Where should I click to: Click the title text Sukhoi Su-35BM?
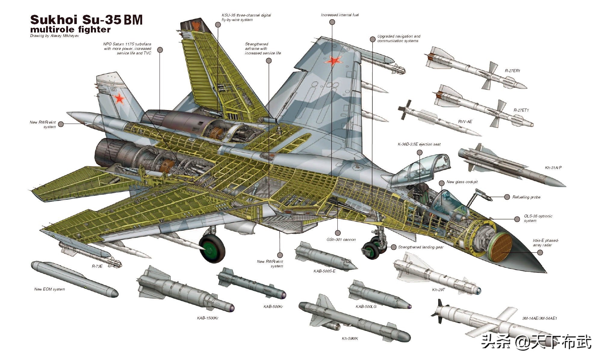click(x=86, y=20)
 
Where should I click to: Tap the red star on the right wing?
click(x=334, y=61)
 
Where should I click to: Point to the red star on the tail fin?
click(x=119, y=98)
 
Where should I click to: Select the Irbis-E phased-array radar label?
click(x=545, y=243)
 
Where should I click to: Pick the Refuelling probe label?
click(x=526, y=197)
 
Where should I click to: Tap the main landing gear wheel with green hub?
click(x=212, y=248)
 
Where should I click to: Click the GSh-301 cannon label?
click(x=341, y=240)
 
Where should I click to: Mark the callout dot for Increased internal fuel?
click(x=332, y=22)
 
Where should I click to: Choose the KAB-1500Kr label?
click(x=207, y=318)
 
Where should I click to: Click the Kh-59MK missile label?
click(x=350, y=339)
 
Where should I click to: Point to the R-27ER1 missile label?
click(x=512, y=71)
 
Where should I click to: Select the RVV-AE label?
click(x=465, y=122)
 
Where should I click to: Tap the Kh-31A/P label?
click(x=553, y=168)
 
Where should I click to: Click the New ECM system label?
click(x=49, y=289)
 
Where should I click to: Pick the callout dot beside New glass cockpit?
click(x=442, y=183)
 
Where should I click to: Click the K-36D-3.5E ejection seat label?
click(x=419, y=144)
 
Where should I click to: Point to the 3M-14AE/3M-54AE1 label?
click(x=539, y=318)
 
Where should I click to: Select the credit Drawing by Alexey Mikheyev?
click(x=54, y=36)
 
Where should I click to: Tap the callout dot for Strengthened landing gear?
click(x=393, y=247)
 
